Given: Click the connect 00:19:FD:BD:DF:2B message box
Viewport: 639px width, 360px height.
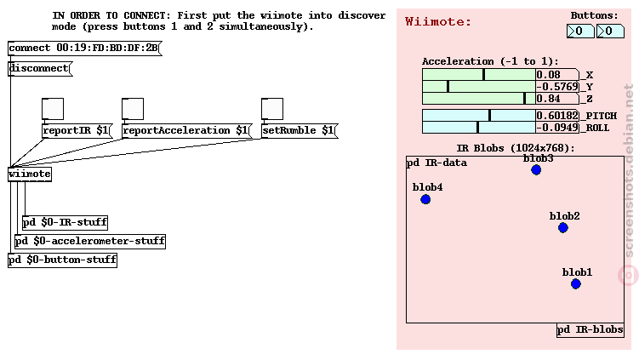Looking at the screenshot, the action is (x=84, y=49).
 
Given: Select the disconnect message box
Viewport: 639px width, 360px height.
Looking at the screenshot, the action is (x=40, y=68).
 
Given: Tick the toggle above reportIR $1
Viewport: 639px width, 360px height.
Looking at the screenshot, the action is (x=53, y=109).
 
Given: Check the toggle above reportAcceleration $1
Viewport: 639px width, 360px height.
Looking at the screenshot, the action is (x=133, y=109).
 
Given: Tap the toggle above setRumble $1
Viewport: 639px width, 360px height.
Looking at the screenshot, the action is (x=272, y=109).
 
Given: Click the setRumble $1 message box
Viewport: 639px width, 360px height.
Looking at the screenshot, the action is (x=300, y=131).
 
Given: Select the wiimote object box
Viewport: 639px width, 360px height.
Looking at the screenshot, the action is (x=30, y=174).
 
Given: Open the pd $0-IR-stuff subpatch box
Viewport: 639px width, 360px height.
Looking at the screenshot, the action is (x=66, y=223).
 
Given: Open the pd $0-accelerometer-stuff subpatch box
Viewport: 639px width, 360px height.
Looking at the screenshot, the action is (x=90, y=242).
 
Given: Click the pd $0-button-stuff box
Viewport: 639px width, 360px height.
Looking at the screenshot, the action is (x=62, y=260).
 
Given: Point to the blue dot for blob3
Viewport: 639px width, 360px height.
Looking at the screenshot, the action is (x=536, y=170).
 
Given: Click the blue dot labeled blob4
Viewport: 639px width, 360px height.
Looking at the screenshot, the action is (x=425, y=199).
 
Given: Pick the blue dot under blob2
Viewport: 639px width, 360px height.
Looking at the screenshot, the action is (x=563, y=228).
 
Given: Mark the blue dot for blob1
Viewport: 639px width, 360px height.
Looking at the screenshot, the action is (x=576, y=283).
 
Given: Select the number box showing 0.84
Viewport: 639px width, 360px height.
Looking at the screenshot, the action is (x=557, y=99).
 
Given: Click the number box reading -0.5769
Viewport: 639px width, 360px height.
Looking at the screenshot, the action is (x=557, y=87).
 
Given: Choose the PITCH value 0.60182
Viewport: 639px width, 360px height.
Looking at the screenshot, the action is (x=557, y=116).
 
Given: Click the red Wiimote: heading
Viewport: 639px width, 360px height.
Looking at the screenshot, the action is (x=437, y=21).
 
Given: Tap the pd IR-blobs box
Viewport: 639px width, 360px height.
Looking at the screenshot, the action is (x=591, y=330).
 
